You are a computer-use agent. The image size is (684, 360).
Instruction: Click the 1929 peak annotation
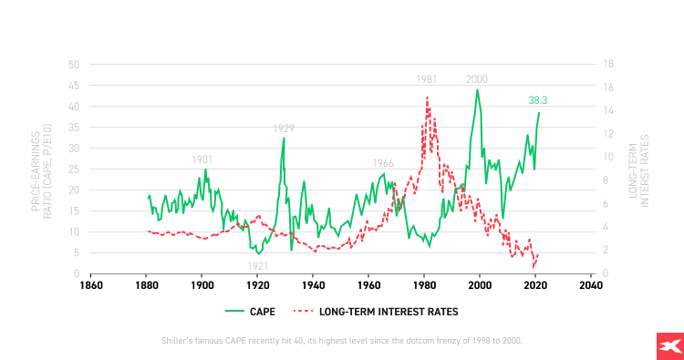(284, 129)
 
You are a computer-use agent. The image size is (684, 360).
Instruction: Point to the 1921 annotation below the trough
(258, 265)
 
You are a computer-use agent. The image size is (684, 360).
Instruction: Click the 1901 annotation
(202, 159)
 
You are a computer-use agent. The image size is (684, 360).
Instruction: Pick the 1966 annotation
(383, 163)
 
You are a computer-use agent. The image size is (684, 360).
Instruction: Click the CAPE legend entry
(251, 311)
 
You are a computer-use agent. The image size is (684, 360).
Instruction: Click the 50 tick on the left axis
(74, 65)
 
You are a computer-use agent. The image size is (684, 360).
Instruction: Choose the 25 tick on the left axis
(74, 170)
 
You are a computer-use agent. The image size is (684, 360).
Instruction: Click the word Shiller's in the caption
(176, 340)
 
